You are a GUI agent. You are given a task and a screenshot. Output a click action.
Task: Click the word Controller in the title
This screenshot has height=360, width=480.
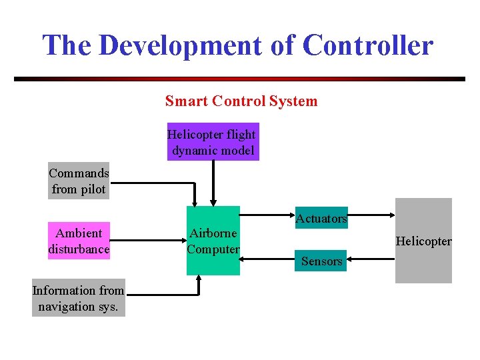tap(367, 45)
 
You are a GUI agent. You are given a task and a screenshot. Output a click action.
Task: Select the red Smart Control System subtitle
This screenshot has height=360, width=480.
tap(241, 101)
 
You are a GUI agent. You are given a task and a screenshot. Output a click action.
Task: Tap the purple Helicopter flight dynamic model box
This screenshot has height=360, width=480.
tap(212, 143)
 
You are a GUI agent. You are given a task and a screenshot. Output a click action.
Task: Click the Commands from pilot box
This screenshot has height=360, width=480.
tap(79, 181)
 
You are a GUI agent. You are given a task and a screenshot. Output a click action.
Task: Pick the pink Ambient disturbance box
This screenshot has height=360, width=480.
tap(79, 241)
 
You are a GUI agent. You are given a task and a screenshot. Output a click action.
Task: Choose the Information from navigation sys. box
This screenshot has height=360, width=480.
tap(79, 298)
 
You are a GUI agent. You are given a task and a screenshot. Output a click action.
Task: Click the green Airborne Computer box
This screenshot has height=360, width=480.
tap(213, 241)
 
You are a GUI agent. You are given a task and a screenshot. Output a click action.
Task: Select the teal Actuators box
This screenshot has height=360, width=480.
tap(321, 219)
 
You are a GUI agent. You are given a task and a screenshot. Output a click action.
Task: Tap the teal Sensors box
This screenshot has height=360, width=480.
tap(321, 261)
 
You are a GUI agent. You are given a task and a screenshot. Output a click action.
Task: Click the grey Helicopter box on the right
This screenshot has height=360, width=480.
tap(423, 241)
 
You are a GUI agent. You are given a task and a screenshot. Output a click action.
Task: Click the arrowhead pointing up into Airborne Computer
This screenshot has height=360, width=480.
tap(198, 280)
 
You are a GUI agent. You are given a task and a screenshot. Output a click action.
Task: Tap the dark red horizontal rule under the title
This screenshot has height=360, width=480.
tap(239, 79)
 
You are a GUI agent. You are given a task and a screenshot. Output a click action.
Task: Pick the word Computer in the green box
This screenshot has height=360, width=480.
tap(213, 249)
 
